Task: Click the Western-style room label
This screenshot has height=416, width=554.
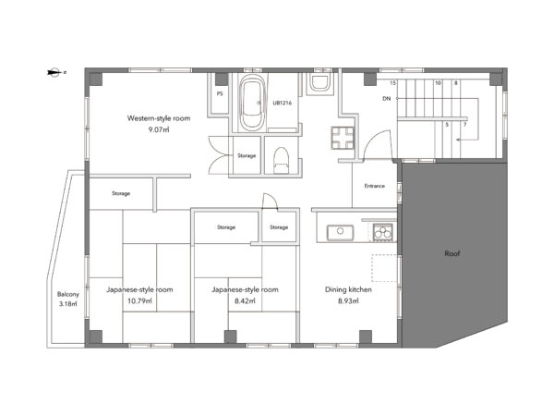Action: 159,118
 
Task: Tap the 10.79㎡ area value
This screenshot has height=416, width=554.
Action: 139,301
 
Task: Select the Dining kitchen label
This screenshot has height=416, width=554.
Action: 348,289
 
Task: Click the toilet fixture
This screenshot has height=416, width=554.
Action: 282,160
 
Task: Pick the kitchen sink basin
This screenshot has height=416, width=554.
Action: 340,232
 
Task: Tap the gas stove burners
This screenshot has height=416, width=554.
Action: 382,232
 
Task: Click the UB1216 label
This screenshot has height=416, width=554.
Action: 282,103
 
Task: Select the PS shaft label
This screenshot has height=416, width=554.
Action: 220,93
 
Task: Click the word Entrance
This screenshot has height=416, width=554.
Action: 375,186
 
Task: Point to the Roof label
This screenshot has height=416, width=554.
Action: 452,253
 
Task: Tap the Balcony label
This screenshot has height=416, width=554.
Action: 68,294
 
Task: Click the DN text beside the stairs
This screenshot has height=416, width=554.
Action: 387,99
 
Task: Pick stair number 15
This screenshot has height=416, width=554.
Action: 393,83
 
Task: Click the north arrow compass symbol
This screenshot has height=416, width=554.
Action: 54,72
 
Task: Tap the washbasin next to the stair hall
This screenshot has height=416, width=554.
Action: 319,83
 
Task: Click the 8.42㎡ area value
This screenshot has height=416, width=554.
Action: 245,301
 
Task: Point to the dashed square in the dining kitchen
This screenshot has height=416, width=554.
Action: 384,268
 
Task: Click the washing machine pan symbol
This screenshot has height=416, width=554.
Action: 343,138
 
